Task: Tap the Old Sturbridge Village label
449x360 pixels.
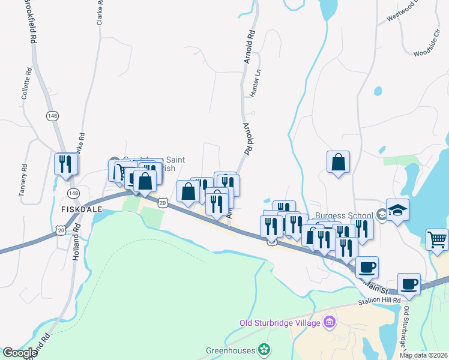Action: pyautogui.click(x=280, y=323)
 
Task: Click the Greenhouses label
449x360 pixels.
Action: pyautogui.click(x=231, y=350)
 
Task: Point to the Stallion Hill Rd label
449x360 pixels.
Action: pyautogui.click(x=379, y=302)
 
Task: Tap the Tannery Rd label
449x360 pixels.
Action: pyautogui.click(x=24, y=180)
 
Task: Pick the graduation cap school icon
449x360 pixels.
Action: pyautogui.click(x=397, y=210)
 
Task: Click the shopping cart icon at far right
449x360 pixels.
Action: pyautogui.click(x=438, y=239)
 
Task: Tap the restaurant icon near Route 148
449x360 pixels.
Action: pyautogui.click(x=65, y=163)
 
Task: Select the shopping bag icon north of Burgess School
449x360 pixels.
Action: pyautogui.click(x=339, y=161)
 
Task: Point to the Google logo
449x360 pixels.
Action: pyautogui.click(x=20, y=353)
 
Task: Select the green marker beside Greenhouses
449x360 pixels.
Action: pyautogui.click(x=264, y=349)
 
